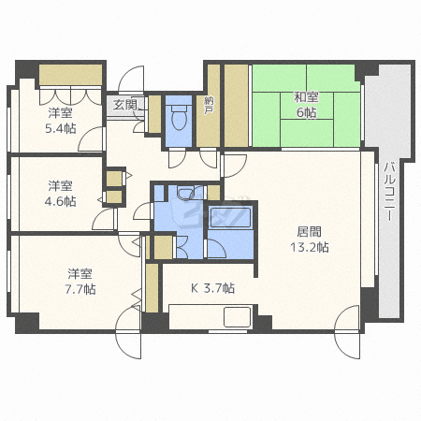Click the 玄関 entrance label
(x=124, y=105)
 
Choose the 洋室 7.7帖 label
(x=80, y=282)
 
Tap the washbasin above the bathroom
(x=184, y=194)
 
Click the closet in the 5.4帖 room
(x=70, y=76)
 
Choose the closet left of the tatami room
(x=236, y=105)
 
